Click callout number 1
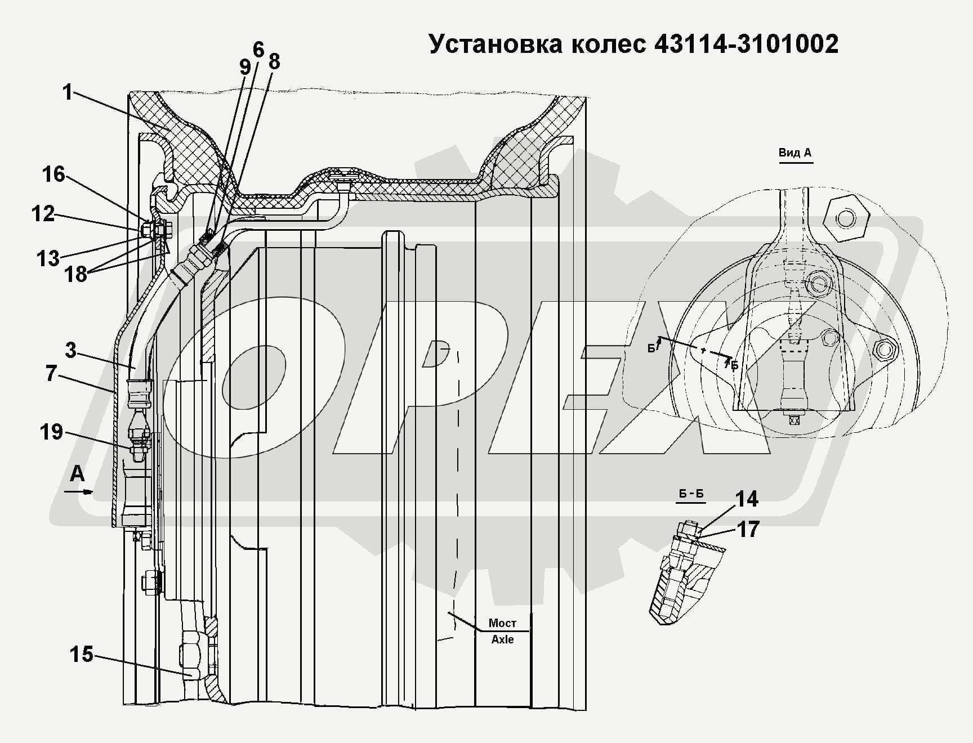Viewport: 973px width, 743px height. point(68,92)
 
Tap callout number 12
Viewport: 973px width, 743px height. point(43,213)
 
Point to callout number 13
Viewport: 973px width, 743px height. point(48,258)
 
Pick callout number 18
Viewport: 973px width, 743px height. point(76,274)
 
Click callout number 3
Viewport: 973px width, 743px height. point(70,350)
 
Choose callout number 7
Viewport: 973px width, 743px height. point(51,373)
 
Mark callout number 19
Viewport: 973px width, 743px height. point(51,432)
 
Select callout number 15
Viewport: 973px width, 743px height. point(82,654)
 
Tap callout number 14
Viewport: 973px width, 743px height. point(747,499)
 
